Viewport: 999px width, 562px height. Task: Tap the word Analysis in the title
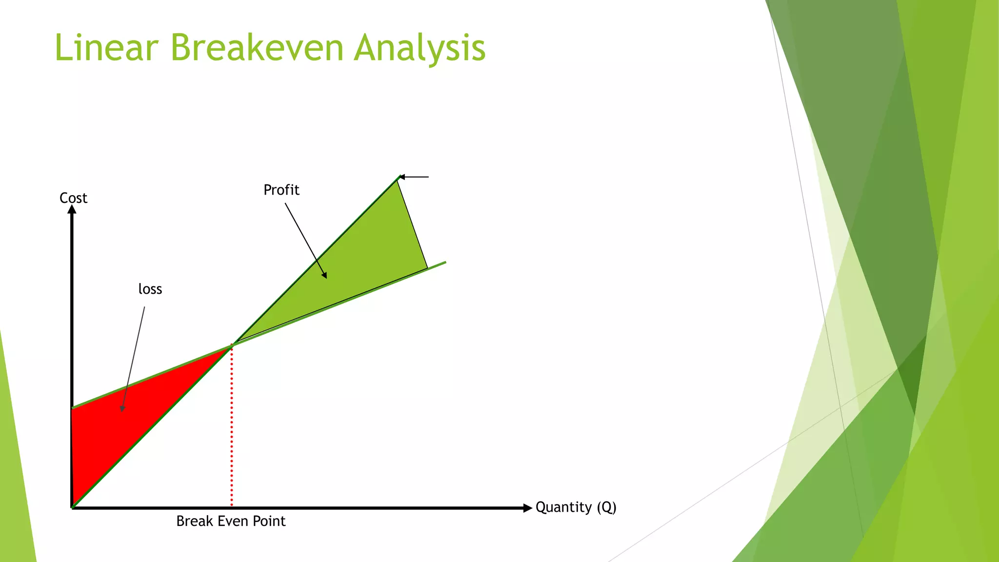click(x=420, y=49)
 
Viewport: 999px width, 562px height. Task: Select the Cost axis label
click(x=73, y=198)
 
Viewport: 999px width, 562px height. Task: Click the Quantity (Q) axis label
click(x=576, y=507)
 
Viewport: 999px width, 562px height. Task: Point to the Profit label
click(x=281, y=190)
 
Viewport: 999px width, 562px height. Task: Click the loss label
click(x=150, y=289)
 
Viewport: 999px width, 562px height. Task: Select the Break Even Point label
click(x=231, y=521)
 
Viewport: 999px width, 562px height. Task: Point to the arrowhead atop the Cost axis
click(x=72, y=210)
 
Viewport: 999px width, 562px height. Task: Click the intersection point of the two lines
click(x=232, y=345)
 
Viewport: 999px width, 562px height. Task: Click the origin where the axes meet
click(x=73, y=507)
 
